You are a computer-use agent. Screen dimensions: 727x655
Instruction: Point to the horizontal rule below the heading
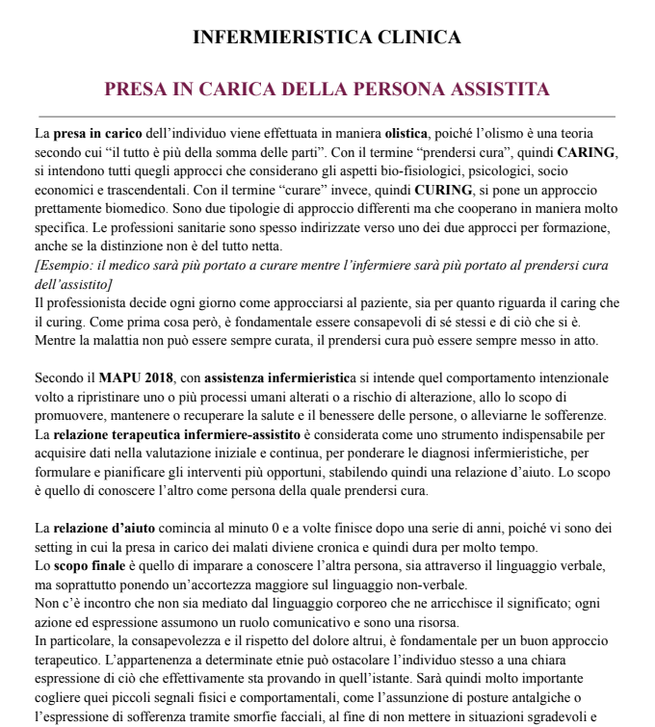327,116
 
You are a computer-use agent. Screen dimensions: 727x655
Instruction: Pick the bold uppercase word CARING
587,152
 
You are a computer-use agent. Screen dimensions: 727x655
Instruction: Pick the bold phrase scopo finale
88,565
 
